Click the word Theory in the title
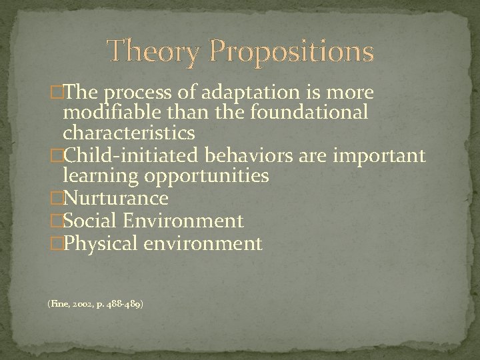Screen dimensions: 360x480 point(152,51)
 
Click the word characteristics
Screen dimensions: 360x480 point(129,134)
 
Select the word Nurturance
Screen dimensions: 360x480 point(115,199)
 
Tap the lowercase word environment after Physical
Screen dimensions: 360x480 point(202,243)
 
